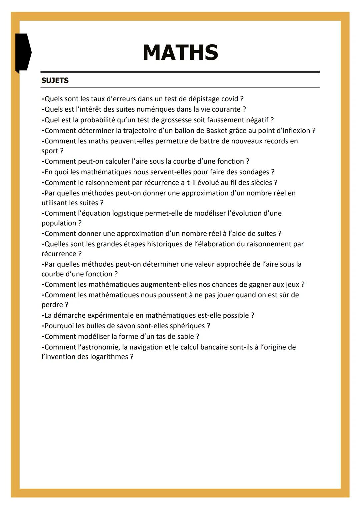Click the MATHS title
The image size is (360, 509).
(x=180, y=53)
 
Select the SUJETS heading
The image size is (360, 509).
(x=55, y=80)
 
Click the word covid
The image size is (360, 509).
(x=230, y=99)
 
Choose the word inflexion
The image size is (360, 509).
(x=294, y=131)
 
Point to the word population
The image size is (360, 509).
(x=59, y=223)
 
